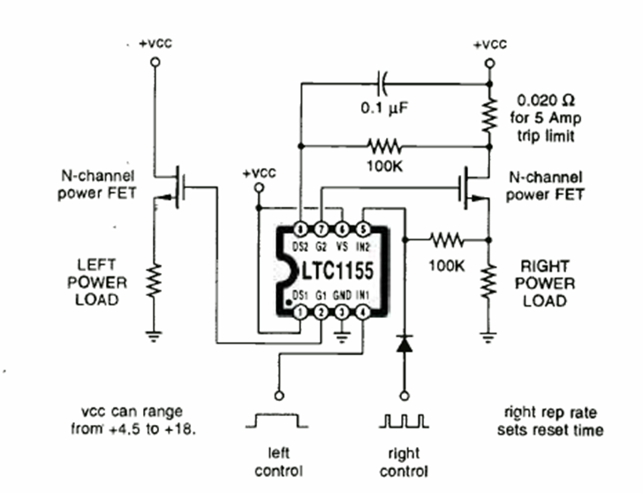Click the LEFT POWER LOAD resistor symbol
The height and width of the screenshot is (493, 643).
pos(155,283)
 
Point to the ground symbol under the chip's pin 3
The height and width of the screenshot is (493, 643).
pos(343,334)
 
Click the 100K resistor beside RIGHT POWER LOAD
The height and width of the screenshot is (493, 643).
pos(447,239)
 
